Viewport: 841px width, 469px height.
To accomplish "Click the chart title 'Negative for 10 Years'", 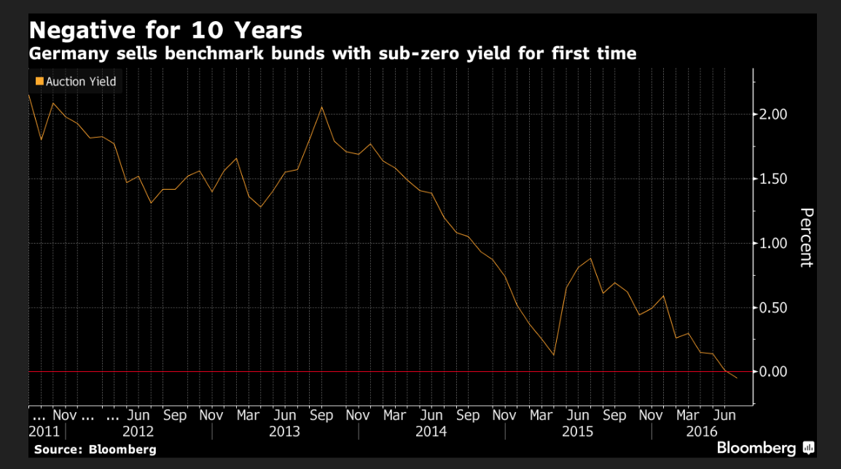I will (165, 31).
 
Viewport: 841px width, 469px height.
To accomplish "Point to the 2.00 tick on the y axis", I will (774, 115).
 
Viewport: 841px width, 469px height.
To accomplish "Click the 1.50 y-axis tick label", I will (774, 179).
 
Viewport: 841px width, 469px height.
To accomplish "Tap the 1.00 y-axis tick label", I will (774, 243).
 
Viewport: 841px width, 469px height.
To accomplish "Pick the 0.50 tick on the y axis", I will (774, 307).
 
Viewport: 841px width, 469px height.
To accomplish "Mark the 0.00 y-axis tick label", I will (774, 371).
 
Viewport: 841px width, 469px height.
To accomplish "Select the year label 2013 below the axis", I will (284, 431).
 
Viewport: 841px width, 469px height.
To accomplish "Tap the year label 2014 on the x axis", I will (431, 431).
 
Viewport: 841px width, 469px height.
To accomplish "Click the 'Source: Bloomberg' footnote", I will (95, 449).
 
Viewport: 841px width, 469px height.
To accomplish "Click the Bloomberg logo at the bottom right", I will (765, 447).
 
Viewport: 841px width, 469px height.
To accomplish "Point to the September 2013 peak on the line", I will (321, 107).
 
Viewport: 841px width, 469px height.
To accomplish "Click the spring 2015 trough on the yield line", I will (554, 355).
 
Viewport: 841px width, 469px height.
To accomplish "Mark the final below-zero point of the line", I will (737, 378).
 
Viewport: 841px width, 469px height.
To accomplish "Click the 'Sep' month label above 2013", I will (321, 415).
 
